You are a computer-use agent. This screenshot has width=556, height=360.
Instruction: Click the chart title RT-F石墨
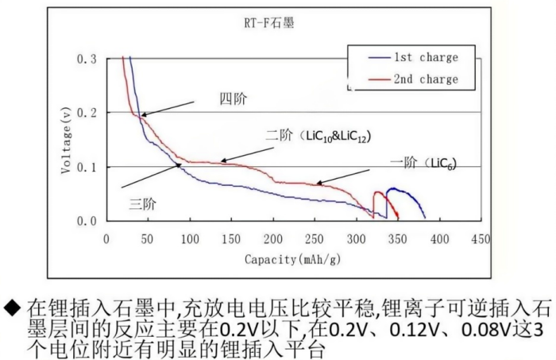click(x=268, y=25)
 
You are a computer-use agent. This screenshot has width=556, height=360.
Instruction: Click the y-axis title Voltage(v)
click(x=67, y=139)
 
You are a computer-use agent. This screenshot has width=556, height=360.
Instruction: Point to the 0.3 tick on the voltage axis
click(x=87, y=60)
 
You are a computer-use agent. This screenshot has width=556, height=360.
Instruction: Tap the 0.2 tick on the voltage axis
click(x=87, y=114)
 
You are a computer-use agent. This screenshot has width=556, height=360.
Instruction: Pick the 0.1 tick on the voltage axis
click(x=87, y=167)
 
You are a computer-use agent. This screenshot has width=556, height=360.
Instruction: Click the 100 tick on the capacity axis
click(x=190, y=238)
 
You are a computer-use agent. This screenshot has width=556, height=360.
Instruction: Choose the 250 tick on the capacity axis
click(x=315, y=238)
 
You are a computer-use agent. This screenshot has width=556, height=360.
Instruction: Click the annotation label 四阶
click(x=233, y=100)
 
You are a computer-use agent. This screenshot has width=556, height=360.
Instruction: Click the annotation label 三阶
click(x=142, y=203)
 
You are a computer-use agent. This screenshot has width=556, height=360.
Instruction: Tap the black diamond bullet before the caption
click(x=10, y=307)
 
